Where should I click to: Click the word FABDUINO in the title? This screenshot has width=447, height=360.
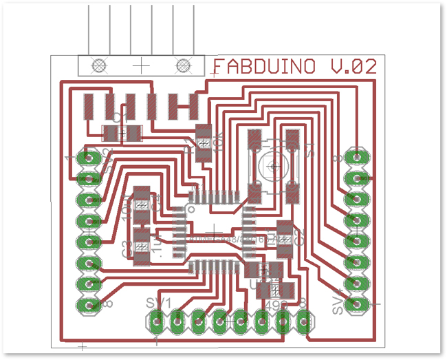[x=263, y=67]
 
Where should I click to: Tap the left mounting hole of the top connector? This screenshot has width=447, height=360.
[x=99, y=65]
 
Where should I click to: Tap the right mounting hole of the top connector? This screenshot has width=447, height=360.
[x=183, y=65]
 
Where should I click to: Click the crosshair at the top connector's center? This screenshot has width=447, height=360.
[x=141, y=65]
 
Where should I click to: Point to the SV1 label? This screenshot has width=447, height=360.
[x=158, y=304]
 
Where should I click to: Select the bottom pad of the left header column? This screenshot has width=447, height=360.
[x=88, y=304]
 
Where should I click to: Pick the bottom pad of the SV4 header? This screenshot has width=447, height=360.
[x=356, y=304]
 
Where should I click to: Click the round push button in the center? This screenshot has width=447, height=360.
[x=274, y=165]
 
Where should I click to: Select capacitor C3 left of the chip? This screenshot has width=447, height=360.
[x=142, y=245]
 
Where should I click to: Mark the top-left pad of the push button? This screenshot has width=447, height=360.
[x=255, y=141]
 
